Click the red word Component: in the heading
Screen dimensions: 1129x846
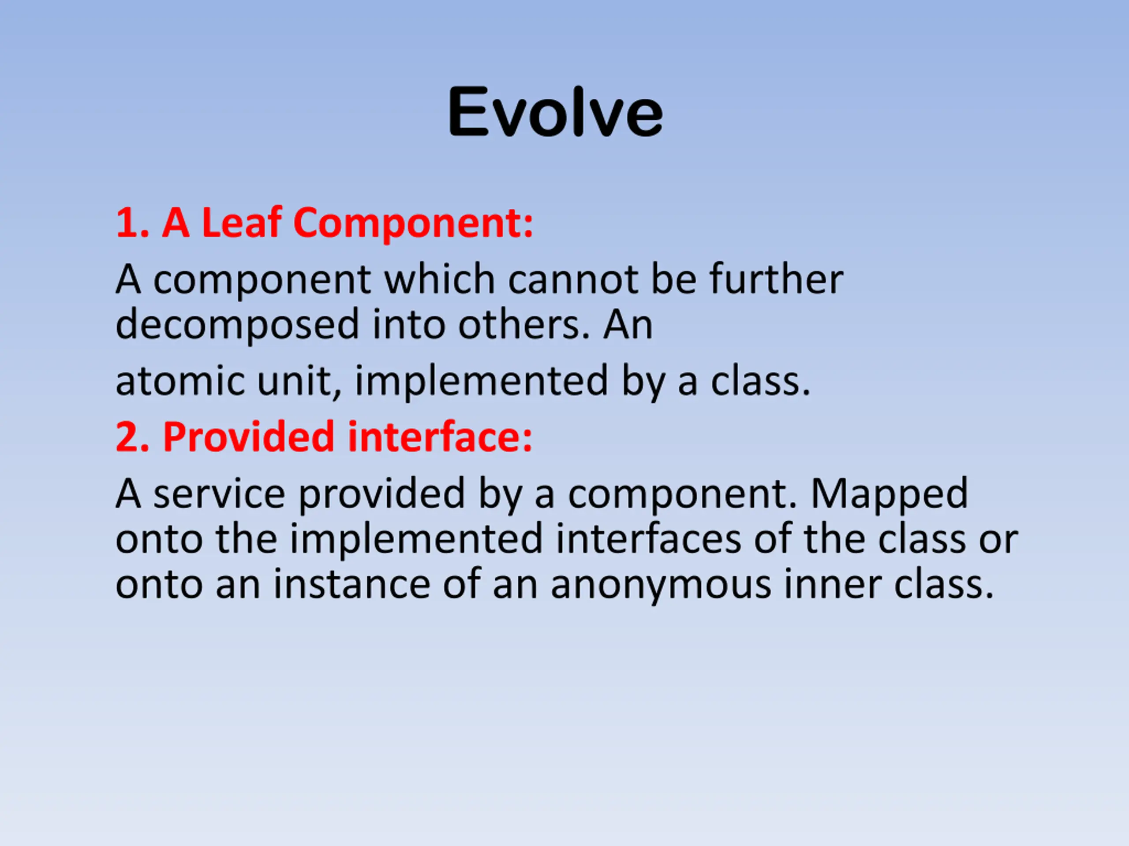click(413, 225)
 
